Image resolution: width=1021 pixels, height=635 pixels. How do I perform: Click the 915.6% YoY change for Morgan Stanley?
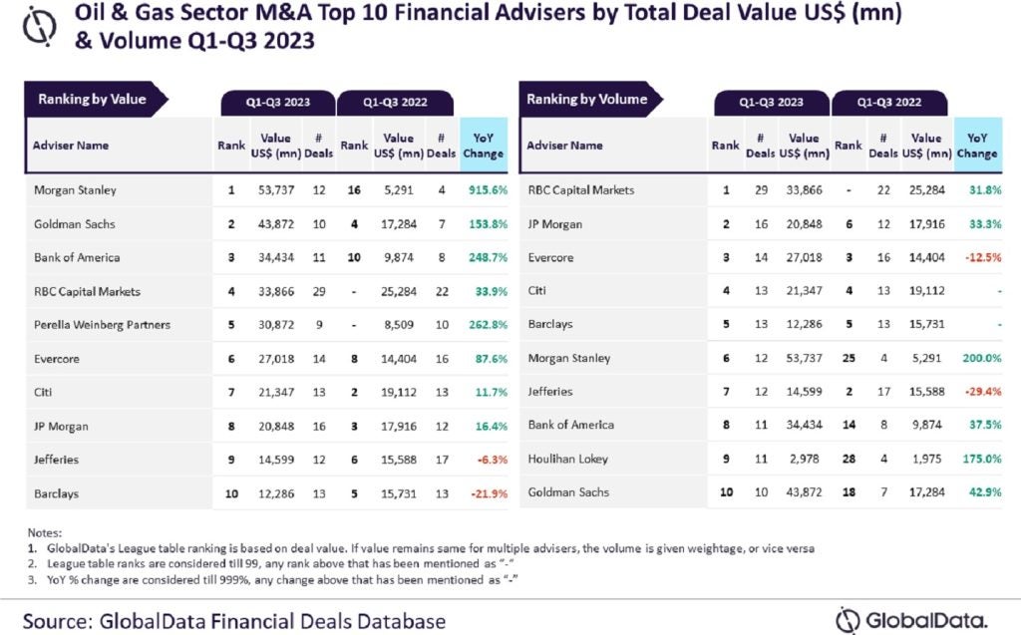[484, 190]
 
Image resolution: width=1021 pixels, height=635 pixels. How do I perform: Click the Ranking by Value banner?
[92, 100]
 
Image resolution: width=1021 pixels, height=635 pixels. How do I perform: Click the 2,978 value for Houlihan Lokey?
[809, 459]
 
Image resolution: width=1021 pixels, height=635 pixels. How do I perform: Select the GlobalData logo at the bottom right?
[912, 617]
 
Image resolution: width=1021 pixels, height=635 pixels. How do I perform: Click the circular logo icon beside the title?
[39, 27]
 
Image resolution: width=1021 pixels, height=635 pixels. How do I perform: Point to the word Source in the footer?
[55, 621]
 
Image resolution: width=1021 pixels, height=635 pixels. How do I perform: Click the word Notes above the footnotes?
[45, 533]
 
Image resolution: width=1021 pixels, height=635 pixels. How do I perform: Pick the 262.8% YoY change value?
[484, 325]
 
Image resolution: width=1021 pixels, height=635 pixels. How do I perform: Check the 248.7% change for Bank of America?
[484, 257]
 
